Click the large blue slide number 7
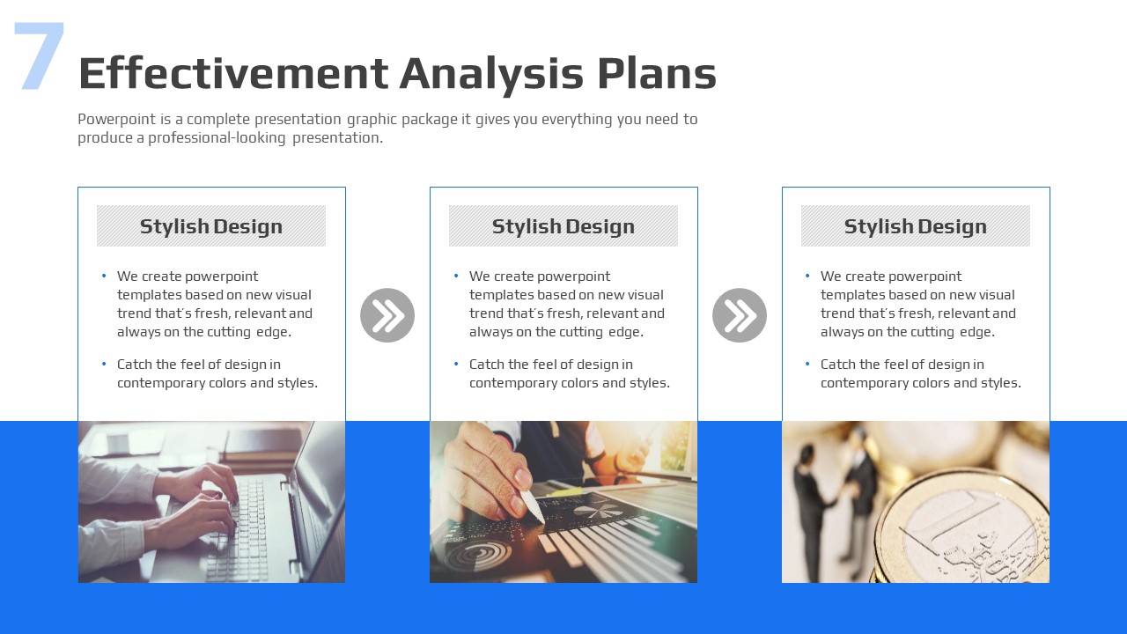[x=40, y=55]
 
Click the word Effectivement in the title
[x=233, y=73]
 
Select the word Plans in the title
[x=657, y=73]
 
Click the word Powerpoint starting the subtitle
[x=117, y=119]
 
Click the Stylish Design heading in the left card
[x=211, y=226]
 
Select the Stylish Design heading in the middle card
[x=563, y=226]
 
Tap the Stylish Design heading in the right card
[x=916, y=226]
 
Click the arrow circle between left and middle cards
[x=387, y=315]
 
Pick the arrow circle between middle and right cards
[x=740, y=315]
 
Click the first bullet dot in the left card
[x=104, y=276]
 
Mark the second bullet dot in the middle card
[x=456, y=364]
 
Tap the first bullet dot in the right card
[x=807, y=276]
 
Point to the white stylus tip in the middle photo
[x=541, y=520]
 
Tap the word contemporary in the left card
[x=161, y=383]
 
